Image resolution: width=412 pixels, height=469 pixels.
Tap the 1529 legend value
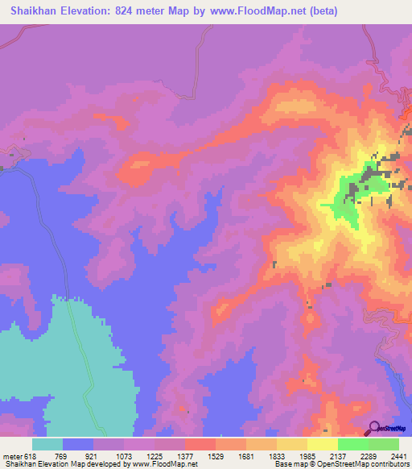[x=216, y=456]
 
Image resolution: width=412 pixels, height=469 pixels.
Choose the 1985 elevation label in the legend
[x=307, y=456]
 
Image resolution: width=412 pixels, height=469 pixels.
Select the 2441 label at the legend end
[x=398, y=456]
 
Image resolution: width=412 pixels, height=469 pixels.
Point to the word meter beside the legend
[x=13, y=456]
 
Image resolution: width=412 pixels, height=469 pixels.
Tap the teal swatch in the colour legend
[x=47, y=444]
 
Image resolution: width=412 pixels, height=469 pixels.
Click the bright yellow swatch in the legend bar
[x=323, y=444]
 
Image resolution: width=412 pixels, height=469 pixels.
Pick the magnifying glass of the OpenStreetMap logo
[x=373, y=427]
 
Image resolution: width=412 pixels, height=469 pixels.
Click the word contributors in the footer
[x=389, y=464]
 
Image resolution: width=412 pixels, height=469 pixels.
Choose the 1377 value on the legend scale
[x=185, y=456]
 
